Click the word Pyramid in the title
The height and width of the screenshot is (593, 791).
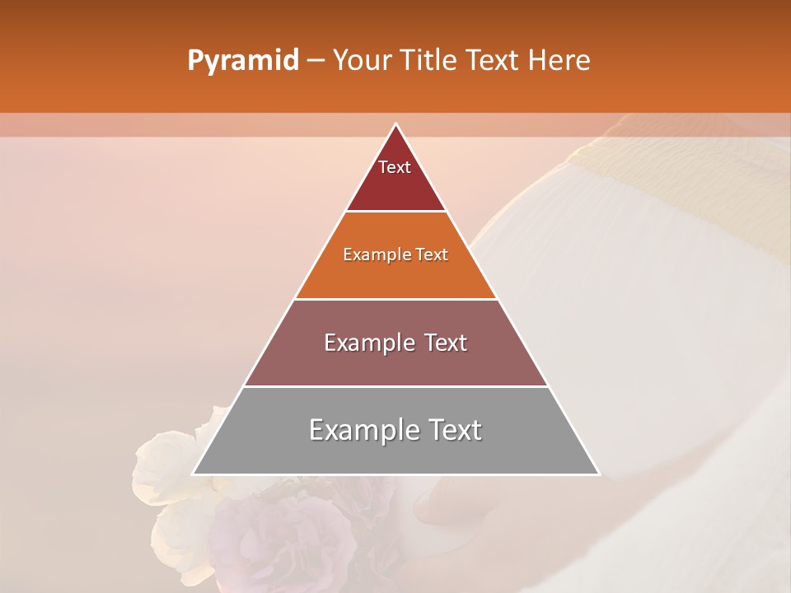tap(242, 61)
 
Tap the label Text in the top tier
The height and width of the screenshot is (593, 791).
tap(395, 167)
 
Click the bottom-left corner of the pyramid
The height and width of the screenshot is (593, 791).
tap(194, 474)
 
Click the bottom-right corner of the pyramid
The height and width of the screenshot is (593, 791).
tap(598, 474)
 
